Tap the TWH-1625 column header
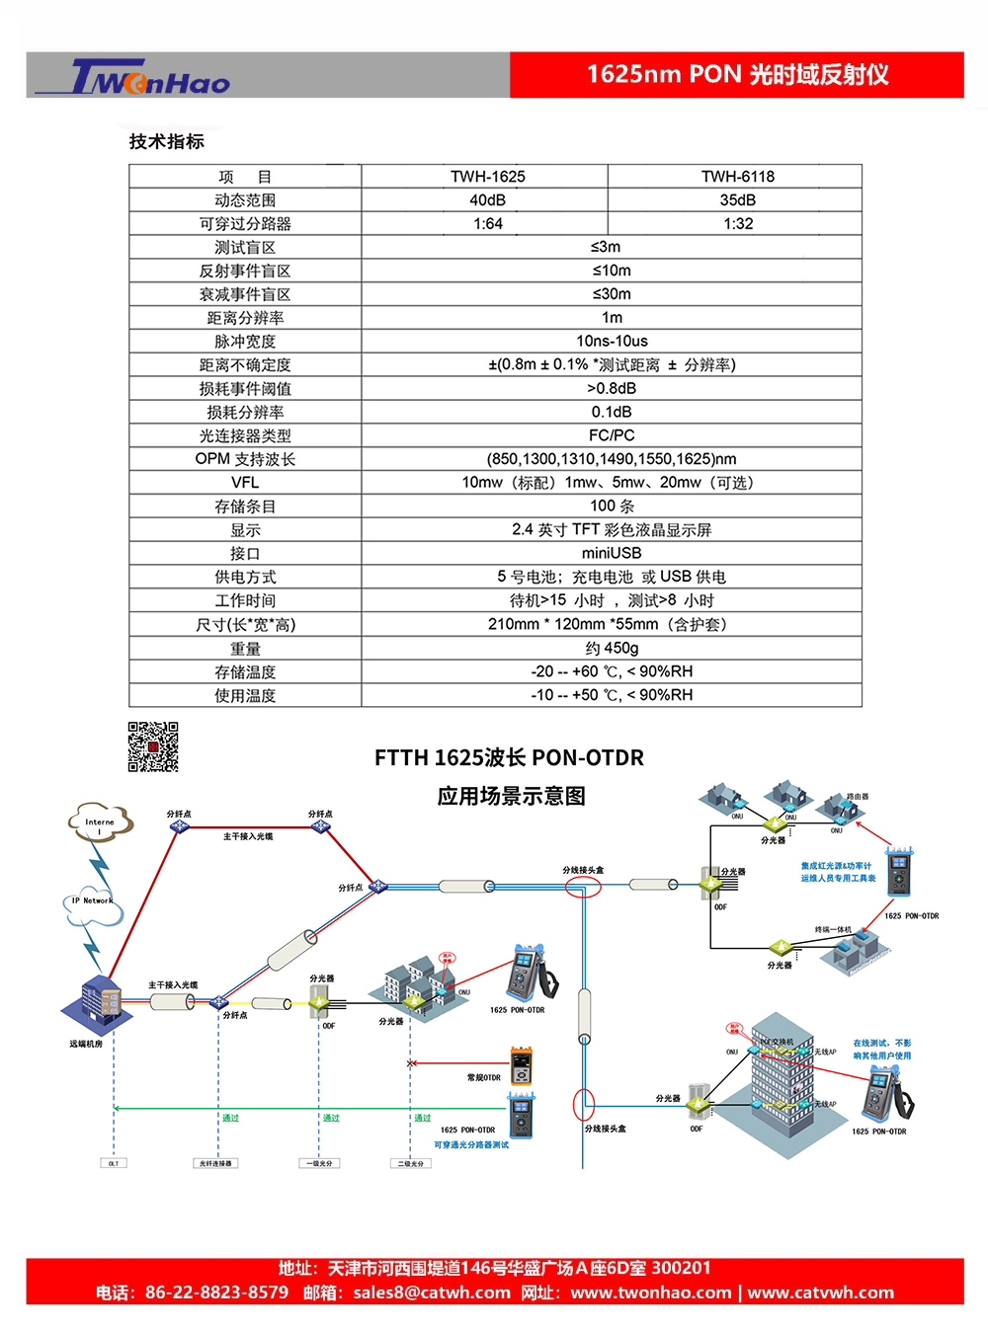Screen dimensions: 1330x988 click(x=488, y=177)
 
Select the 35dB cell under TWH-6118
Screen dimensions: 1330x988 click(x=738, y=200)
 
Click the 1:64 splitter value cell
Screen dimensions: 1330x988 click(x=488, y=224)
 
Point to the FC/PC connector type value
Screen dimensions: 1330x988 click(x=612, y=435)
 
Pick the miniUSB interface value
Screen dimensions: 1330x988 click(x=612, y=553)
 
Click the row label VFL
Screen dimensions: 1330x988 click(x=245, y=483)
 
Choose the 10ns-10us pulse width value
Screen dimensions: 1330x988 click(x=612, y=342)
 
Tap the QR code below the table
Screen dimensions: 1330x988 click(x=153, y=746)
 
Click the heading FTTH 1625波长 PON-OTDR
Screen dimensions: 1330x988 click(x=509, y=758)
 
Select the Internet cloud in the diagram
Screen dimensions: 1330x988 click(x=99, y=821)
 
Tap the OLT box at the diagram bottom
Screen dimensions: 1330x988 click(x=114, y=1163)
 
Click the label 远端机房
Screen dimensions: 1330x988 click(x=86, y=1044)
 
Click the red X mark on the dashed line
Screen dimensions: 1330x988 click(x=411, y=1063)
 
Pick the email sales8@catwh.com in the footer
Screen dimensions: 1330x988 click(x=432, y=1292)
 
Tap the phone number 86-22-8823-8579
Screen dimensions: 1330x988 click(x=216, y=1292)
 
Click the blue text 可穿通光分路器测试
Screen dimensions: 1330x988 click(x=471, y=1145)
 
